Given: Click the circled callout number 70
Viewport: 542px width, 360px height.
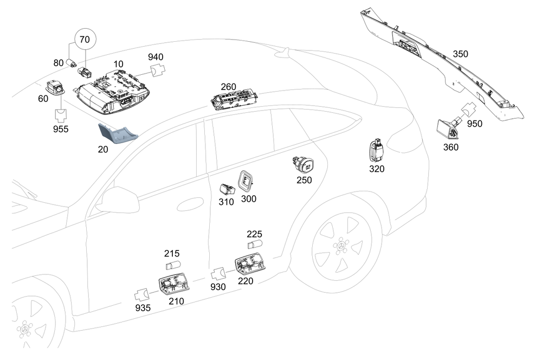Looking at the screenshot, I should (x=85, y=40).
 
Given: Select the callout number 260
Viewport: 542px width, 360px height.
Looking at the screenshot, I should (x=229, y=87).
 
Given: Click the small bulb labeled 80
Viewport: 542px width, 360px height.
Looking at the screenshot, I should (x=70, y=63).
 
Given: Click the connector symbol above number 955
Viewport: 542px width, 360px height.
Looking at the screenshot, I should (x=60, y=115).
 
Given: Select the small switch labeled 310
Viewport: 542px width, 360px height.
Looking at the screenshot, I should (x=226, y=189).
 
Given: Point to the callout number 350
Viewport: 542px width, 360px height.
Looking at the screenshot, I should (x=460, y=54).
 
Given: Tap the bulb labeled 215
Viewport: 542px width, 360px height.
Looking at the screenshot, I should (x=172, y=266).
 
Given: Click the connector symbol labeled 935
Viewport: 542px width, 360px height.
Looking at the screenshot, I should (x=142, y=294).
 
